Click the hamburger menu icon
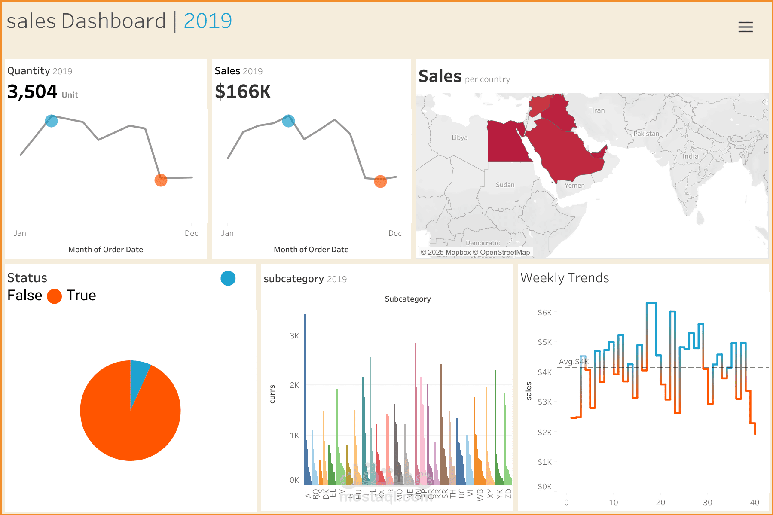tap(746, 27)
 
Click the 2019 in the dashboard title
tap(208, 21)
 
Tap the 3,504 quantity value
tap(32, 91)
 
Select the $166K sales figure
tap(243, 91)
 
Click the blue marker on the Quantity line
tap(51, 121)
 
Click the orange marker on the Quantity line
tap(161, 180)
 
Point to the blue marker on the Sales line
tap(288, 121)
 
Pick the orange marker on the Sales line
tap(380, 182)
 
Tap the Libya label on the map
tap(459, 138)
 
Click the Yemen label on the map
tap(574, 186)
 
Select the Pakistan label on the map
tap(646, 134)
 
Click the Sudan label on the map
tap(505, 185)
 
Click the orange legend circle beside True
tap(54, 296)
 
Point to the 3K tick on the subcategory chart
tap(294, 336)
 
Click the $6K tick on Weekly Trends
tap(544, 313)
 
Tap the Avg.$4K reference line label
tap(574, 362)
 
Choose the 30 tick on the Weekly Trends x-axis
tap(707, 502)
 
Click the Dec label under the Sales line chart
tap(395, 233)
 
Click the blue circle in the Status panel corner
tap(228, 278)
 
